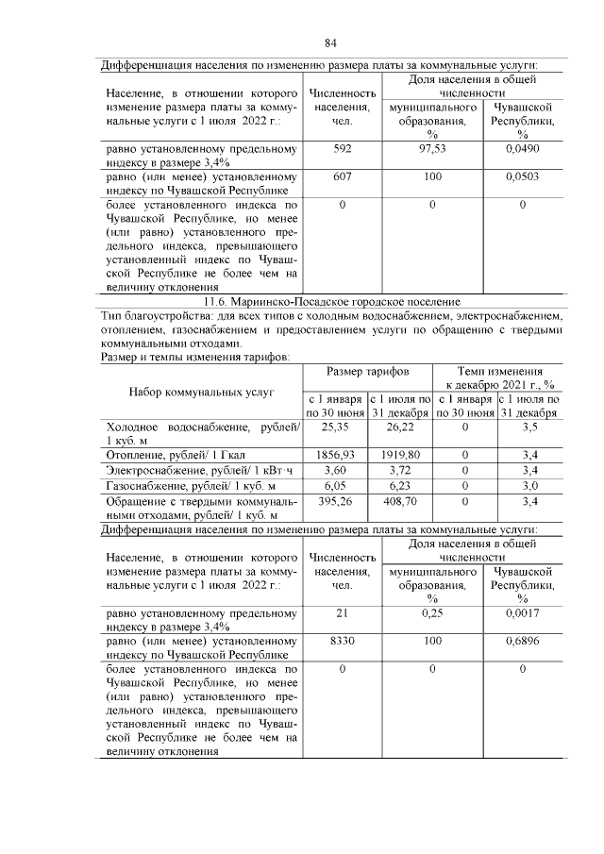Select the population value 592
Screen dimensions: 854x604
point(342,149)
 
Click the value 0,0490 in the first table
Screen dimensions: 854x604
point(522,149)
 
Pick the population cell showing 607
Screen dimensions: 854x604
point(342,176)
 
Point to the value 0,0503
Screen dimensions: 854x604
point(522,176)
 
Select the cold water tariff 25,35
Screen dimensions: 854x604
point(336,427)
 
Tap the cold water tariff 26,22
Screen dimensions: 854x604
point(400,427)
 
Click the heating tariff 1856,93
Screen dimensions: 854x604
point(336,454)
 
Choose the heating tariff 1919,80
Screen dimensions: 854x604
point(400,454)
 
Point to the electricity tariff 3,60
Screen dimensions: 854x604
point(336,469)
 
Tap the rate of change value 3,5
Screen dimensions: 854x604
point(529,427)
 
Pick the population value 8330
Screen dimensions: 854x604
point(342,641)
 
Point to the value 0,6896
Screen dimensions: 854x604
point(522,641)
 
